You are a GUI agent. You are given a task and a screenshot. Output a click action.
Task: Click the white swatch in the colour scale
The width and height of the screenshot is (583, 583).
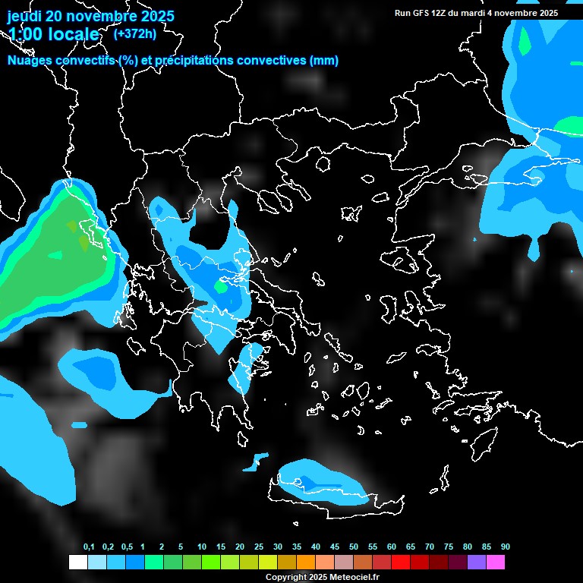77,562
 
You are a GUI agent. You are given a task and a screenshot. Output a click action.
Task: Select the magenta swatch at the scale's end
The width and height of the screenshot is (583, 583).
496,562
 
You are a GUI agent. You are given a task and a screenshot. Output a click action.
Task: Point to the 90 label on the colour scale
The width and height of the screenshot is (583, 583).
505,547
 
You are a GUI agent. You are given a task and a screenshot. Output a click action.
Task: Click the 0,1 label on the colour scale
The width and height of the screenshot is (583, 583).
89,547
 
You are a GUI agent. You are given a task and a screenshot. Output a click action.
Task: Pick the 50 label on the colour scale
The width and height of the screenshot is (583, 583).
354,547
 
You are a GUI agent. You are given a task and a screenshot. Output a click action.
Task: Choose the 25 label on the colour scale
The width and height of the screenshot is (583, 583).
259,547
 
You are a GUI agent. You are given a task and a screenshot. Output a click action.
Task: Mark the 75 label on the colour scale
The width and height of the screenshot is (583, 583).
449,547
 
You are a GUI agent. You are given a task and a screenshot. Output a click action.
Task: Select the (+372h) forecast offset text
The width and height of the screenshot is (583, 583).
134,33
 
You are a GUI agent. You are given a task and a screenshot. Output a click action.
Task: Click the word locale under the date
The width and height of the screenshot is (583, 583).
71,35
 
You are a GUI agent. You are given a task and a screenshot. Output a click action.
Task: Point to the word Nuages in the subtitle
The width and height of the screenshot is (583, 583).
27,61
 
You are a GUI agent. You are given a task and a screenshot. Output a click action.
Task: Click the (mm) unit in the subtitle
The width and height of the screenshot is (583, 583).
325,61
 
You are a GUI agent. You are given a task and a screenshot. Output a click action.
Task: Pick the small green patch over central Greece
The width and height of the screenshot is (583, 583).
221,287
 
